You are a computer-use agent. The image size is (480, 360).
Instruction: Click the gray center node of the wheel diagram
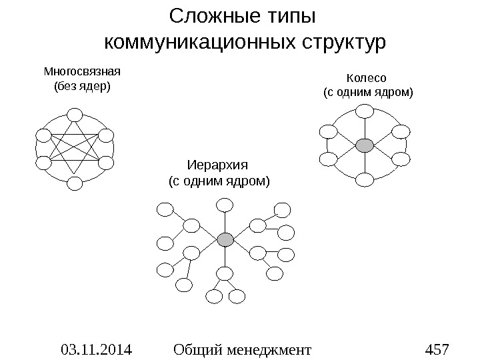[x=365, y=145]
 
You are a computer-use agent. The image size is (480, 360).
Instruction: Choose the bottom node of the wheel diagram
[x=365, y=179]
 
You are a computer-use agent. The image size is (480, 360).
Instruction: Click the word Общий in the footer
[x=194, y=349]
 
